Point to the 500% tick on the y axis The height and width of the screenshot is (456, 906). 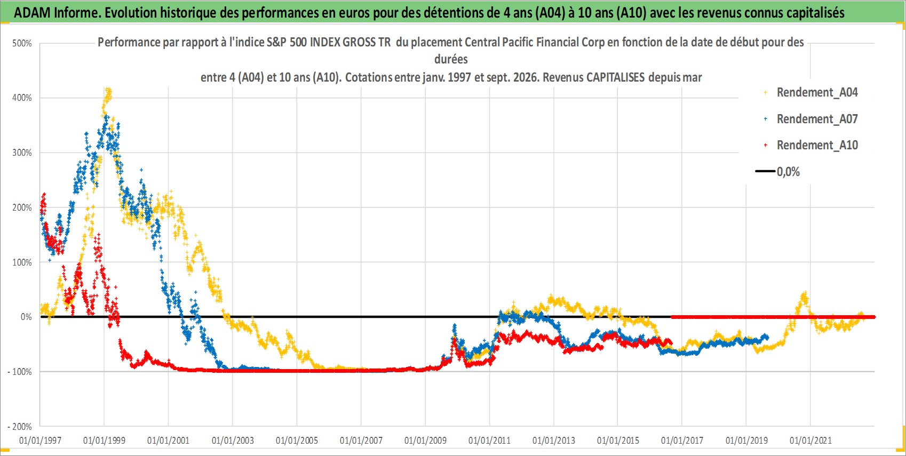point(22,43)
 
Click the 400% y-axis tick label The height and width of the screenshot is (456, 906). point(22,98)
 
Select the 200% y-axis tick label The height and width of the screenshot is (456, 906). point(22,208)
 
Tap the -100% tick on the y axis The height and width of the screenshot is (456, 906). point(20,372)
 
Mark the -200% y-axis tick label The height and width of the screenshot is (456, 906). point(20,427)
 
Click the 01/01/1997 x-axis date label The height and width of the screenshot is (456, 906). point(40,441)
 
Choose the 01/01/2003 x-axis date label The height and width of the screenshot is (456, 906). point(233,441)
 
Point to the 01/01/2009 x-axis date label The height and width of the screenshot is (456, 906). point(425,441)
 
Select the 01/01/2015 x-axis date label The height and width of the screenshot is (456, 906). point(618,441)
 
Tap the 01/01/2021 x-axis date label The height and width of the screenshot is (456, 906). point(810,441)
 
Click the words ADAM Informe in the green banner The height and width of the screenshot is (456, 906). point(57,13)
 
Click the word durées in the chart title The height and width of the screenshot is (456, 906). point(451,59)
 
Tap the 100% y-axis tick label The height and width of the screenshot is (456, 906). point(22,263)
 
